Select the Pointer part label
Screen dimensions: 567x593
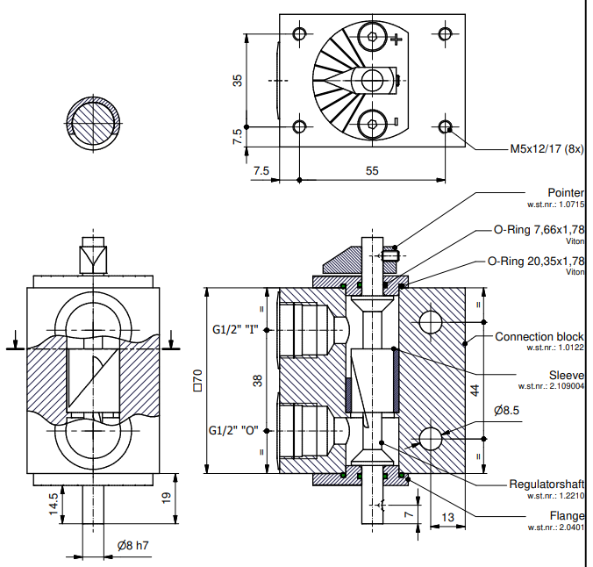coord(566,193)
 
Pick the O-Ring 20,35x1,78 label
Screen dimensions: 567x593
coord(535,261)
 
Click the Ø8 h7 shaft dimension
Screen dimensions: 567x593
coord(132,546)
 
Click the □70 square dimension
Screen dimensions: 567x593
coord(197,379)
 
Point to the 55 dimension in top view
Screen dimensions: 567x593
coord(372,171)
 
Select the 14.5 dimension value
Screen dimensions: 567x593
coord(53,503)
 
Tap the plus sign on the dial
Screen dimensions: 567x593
coord(398,38)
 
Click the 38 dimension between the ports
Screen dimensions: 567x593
coord(257,381)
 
